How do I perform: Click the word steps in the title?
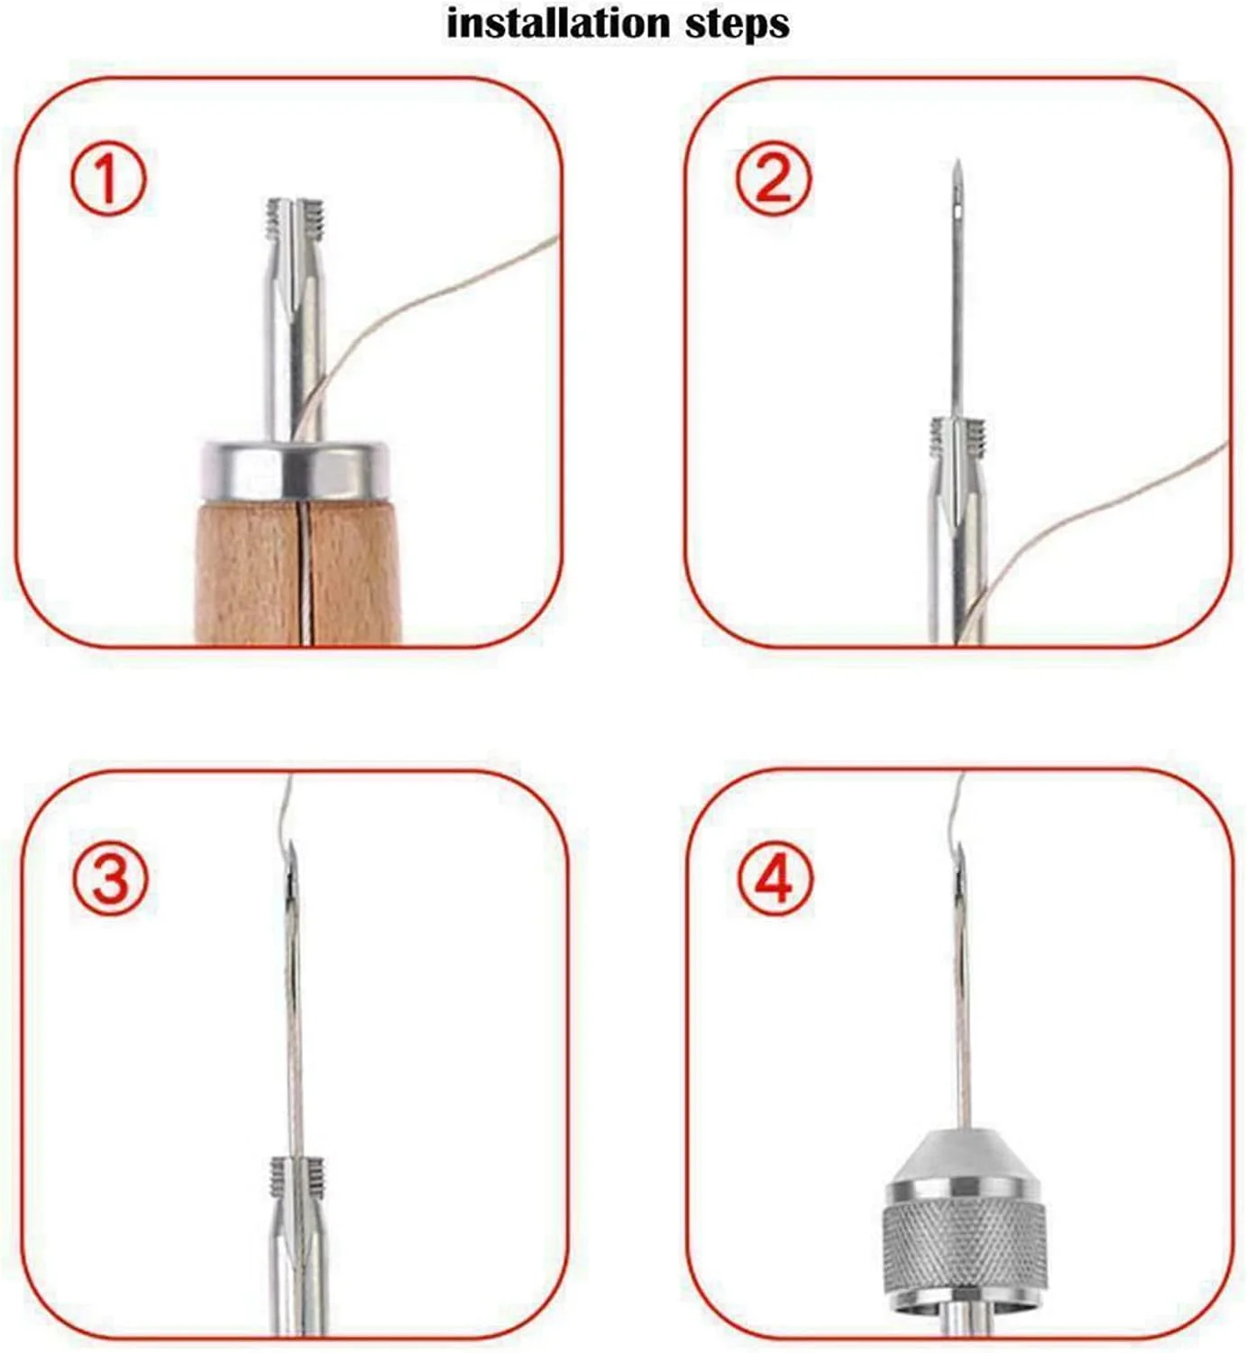(x=737, y=24)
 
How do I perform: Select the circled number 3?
(x=110, y=877)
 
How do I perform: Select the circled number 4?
(x=775, y=877)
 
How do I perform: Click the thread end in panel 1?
(x=552, y=240)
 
